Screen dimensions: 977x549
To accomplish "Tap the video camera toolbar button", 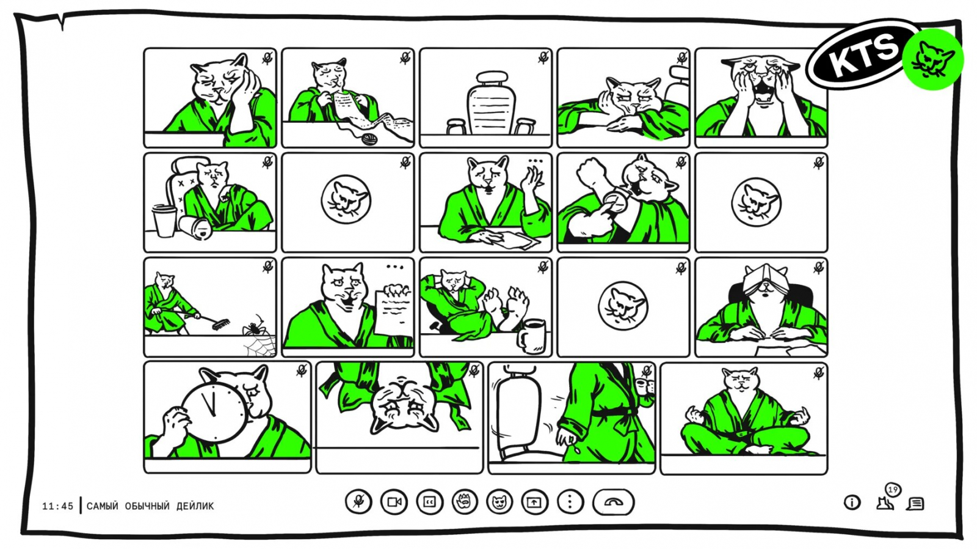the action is tap(394, 502).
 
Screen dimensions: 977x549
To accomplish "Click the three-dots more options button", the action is tap(570, 502).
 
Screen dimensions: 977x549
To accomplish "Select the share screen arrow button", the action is tap(534, 503).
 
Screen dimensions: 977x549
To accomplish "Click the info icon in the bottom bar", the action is tap(852, 503).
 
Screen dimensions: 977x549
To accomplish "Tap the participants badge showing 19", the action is tap(892, 490).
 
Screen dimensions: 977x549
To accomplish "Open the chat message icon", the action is tap(915, 504).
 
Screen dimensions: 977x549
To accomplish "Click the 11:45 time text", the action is tap(57, 506).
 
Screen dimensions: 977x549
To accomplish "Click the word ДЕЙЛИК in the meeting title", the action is tap(195, 506).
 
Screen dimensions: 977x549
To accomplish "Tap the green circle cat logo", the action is tap(932, 59).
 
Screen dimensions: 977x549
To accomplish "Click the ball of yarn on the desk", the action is tap(369, 139).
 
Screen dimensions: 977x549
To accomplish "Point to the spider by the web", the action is tap(255, 326).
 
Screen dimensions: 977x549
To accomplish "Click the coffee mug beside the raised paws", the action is tap(531, 336).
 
